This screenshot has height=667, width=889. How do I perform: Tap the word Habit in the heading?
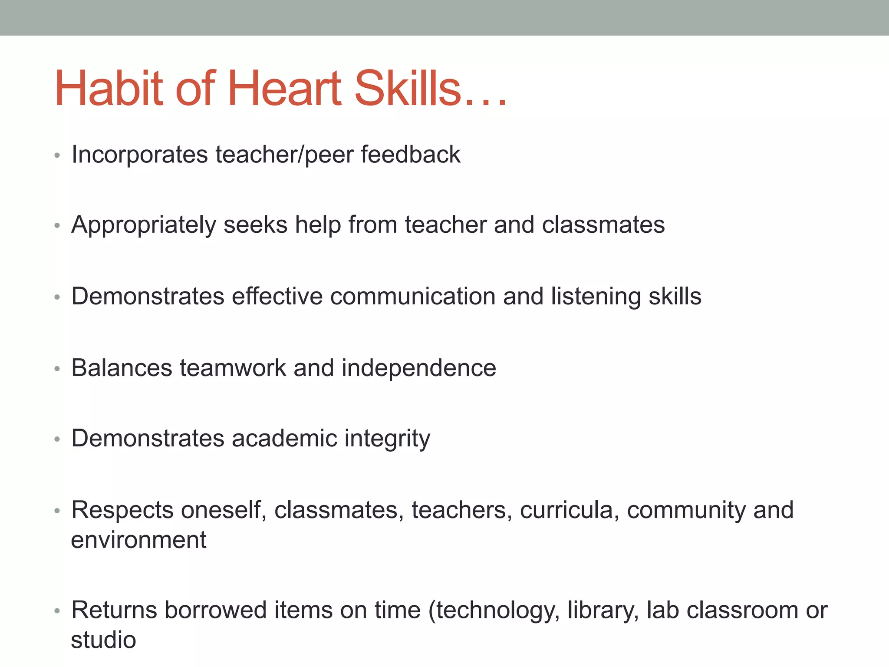pyautogui.click(x=109, y=89)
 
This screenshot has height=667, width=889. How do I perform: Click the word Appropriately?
pyautogui.click(x=143, y=225)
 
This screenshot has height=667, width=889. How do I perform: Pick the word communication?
pyautogui.click(x=412, y=297)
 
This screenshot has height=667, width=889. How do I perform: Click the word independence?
pyautogui.click(x=418, y=368)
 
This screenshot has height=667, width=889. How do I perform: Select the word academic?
pyautogui.click(x=284, y=438)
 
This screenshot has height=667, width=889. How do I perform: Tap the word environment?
pyautogui.click(x=138, y=540)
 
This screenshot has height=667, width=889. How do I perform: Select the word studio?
pyautogui.click(x=103, y=640)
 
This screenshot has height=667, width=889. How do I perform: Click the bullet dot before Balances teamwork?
pyautogui.click(x=57, y=369)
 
